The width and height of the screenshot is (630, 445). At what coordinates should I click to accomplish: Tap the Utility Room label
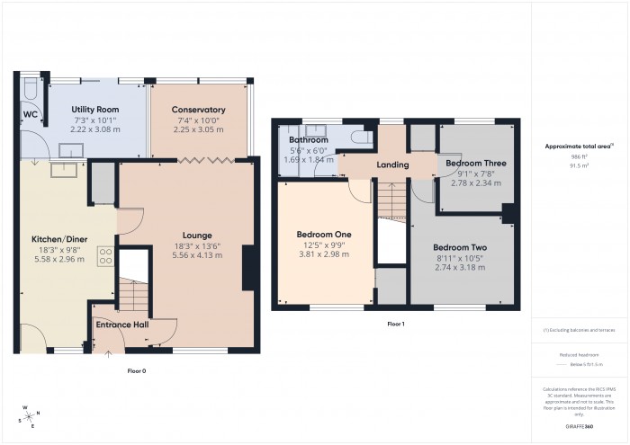pos(95,110)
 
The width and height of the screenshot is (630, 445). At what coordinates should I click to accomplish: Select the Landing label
pos(392,165)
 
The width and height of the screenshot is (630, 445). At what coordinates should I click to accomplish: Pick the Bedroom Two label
pos(459,247)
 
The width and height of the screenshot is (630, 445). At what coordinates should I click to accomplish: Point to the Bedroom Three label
pos(476,163)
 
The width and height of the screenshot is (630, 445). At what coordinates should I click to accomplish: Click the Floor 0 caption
pos(136,369)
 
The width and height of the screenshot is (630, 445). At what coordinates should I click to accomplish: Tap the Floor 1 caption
pos(396,323)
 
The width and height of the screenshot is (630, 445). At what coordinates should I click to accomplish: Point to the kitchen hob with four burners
pos(105,254)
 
